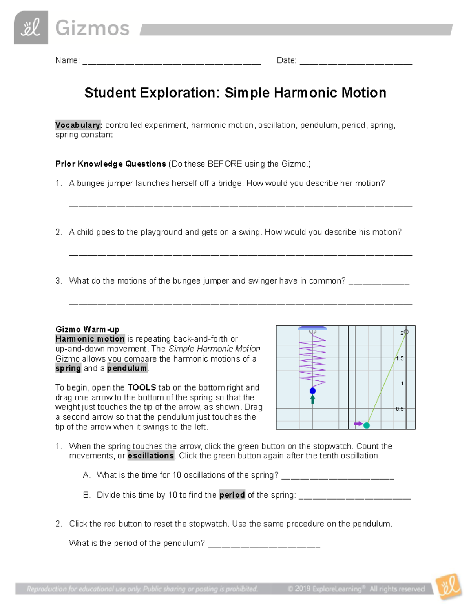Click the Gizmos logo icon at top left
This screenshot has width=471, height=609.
[31, 27]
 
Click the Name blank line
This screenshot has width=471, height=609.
[172, 62]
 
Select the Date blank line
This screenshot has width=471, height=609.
[355, 62]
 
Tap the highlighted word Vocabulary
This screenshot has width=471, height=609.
[78, 125]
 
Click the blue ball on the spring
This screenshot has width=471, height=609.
[312, 391]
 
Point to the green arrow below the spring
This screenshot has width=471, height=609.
[312, 399]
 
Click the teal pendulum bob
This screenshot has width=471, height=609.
[367, 425]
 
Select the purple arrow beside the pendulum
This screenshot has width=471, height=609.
[358, 424]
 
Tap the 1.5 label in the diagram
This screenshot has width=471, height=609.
[400, 358]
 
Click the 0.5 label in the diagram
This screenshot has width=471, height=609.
[400, 409]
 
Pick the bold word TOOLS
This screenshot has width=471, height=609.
[142, 387]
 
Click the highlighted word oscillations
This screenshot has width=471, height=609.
[151, 456]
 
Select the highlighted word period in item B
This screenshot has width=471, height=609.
[232, 495]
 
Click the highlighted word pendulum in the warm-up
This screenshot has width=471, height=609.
[127, 368]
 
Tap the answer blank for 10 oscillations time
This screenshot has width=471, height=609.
[338, 476]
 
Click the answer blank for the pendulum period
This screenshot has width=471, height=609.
[264, 544]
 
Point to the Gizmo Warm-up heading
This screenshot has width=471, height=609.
[87, 329]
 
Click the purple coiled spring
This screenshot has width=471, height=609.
[312, 359]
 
